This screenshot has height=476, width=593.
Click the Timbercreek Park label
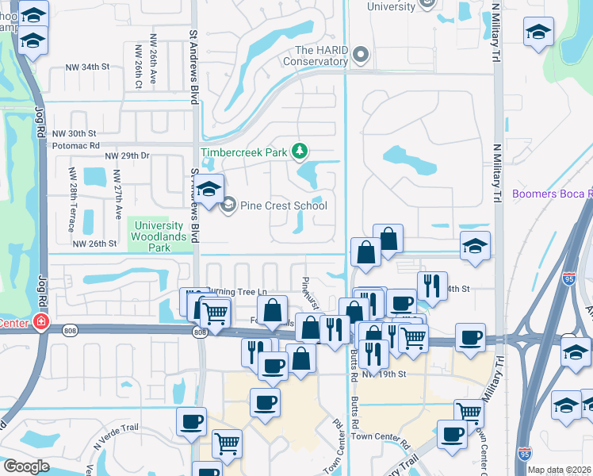coord(244,152)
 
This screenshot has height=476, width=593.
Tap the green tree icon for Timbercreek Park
coord(300,151)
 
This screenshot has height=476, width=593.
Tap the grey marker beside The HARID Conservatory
coord(362,55)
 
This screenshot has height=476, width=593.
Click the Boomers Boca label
coord(552,194)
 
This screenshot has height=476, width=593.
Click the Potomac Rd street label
coord(75,146)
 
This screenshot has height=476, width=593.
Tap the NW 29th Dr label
coord(127,155)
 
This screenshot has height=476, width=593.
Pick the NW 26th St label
coord(95,244)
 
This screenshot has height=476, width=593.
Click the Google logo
coord(26,466)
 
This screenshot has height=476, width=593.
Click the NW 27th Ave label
coord(118,194)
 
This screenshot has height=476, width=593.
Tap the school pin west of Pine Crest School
coord(209,190)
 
